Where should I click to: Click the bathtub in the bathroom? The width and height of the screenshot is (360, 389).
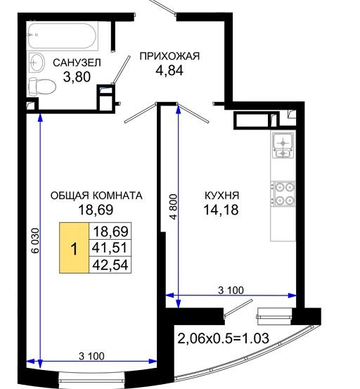(x=62, y=35)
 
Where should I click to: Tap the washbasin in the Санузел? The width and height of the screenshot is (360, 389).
(x=37, y=63)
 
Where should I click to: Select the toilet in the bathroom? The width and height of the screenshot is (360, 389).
(x=42, y=87)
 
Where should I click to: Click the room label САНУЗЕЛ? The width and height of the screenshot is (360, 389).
(x=77, y=63)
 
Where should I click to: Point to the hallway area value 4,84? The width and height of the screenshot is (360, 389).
(x=169, y=70)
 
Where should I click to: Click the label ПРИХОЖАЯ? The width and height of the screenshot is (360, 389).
(x=169, y=56)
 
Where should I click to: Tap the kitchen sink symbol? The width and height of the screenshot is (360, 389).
(x=283, y=145)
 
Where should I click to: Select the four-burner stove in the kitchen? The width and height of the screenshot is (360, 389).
(x=283, y=193)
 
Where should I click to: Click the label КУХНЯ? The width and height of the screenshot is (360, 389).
(x=221, y=196)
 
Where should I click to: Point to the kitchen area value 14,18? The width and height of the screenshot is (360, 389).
(x=221, y=210)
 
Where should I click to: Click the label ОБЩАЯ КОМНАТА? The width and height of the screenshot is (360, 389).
(x=96, y=196)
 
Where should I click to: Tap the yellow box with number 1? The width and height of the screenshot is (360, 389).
(x=74, y=248)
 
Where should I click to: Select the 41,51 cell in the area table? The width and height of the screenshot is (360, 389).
(x=110, y=248)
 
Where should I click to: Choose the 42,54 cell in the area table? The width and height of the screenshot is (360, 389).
(x=110, y=264)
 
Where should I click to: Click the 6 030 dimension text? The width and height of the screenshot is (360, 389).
(x=35, y=240)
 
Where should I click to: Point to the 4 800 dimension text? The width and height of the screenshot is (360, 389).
(x=174, y=207)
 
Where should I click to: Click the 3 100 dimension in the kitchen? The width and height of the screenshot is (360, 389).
(x=231, y=290)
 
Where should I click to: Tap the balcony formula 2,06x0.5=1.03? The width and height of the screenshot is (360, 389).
(x=223, y=338)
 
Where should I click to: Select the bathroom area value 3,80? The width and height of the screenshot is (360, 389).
(x=77, y=77)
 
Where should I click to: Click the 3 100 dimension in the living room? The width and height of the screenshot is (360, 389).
(x=91, y=356)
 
